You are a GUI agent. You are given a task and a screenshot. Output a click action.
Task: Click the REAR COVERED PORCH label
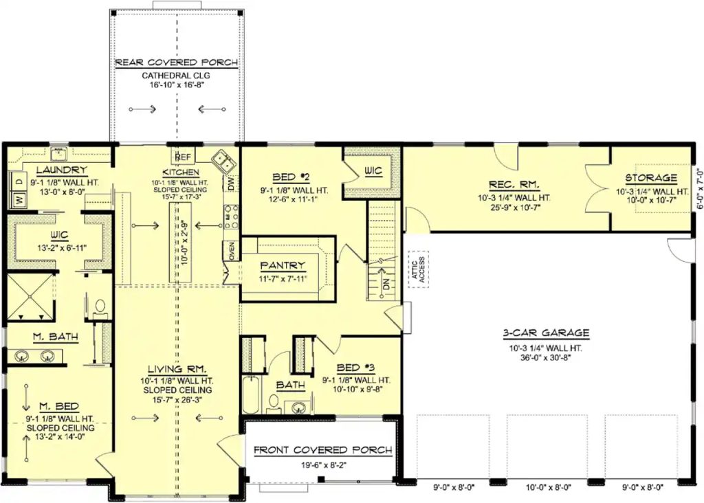[177, 63]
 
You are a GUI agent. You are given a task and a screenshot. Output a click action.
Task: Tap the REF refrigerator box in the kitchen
[183, 157]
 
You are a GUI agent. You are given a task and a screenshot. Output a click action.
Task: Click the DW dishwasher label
[231, 183]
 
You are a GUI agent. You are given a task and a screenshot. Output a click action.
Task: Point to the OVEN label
[232, 252]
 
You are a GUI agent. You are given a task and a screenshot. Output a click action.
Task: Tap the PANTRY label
[283, 266]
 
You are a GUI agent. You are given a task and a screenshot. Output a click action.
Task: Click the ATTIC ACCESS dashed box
[419, 269]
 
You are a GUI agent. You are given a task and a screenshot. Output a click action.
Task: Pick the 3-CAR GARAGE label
[545, 333]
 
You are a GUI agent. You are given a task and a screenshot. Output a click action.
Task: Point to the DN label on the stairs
[386, 284]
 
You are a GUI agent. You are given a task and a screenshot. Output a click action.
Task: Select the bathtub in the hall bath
[251, 395]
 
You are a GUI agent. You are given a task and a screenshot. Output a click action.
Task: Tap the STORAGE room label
[651, 178]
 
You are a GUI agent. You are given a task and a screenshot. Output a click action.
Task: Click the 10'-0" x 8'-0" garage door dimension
[549, 487]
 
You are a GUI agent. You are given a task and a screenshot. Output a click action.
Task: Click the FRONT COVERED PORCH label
[323, 450]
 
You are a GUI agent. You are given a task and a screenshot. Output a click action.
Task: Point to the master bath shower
[30, 297]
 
